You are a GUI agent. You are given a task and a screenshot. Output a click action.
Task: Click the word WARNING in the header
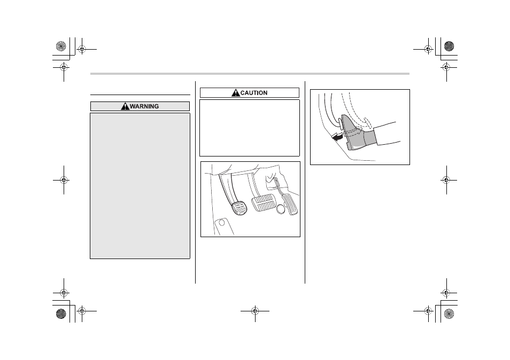pyautogui.click(x=144, y=106)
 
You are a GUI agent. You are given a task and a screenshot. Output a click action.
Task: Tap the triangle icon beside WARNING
pyautogui.click(x=125, y=106)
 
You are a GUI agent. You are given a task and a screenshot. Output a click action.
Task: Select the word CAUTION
pyautogui.click(x=254, y=93)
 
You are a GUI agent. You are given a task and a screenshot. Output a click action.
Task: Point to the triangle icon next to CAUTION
pyautogui.click(x=235, y=92)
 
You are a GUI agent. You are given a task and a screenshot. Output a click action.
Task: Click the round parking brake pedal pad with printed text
pyautogui.click(x=239, y=208)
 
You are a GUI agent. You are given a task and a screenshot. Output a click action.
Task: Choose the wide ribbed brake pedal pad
pyautogui.click(x=263, y=204)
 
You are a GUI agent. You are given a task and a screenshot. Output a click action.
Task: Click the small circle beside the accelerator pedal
pyautogui.click(x=281, y=209)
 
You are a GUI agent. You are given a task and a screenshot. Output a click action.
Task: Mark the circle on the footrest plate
pyautogui.click(x=222, y=223)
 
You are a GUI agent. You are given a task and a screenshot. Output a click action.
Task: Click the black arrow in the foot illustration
pyautogui.click(x=337, y=138)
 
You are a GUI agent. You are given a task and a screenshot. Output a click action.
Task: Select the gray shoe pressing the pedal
pyautogui.click(x=357, y=133)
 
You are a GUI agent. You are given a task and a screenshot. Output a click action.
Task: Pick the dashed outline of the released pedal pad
pyautogui.click(x=368, y=123)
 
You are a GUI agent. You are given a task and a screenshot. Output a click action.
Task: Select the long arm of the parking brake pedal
pyautogui.click(x=226, y=189)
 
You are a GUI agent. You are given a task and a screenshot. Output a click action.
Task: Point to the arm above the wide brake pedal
pyautogui.click(x=252, y=184)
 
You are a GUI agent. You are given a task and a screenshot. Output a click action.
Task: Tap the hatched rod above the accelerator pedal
pyautogui.click(x=280, y=186)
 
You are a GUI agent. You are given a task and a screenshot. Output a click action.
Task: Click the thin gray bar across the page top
pyautogui.click(x=250, y=74)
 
